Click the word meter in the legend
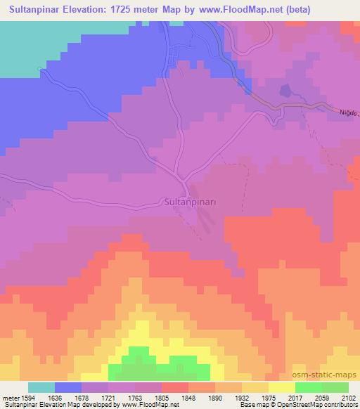coord(10,398)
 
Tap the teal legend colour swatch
coord(41,387)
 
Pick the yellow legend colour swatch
coord(281,387)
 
